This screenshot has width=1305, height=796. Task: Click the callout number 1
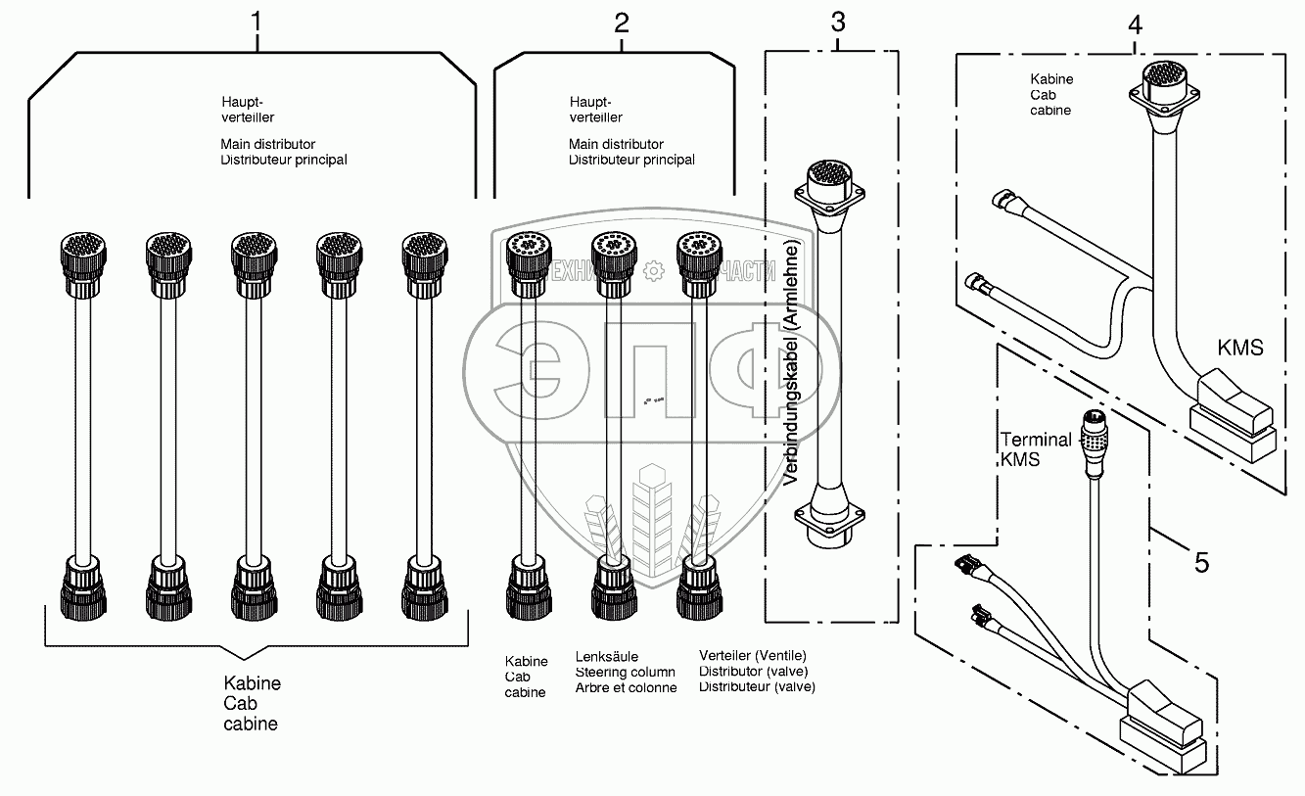[256, 21]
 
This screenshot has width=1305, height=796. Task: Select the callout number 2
[622, 24]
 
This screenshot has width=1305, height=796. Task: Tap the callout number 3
[837, 21]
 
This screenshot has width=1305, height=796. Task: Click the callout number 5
[1201, 562]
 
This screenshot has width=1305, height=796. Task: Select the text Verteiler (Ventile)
[753, 655]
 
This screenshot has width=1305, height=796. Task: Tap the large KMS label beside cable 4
[1239, 347]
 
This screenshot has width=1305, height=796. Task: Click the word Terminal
[1036, 441]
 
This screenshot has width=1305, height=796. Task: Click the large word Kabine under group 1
[253, 683]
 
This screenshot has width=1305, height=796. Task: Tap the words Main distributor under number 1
[268, 145]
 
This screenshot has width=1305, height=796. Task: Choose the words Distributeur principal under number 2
[631, 160]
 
